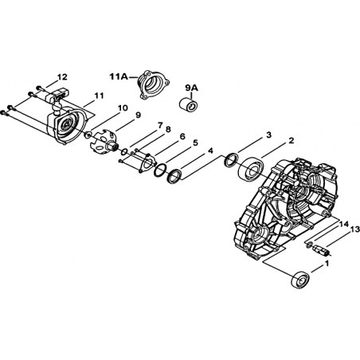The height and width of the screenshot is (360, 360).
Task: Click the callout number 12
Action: click(62, 77)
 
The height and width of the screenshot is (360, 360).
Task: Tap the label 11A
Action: click(119, 76)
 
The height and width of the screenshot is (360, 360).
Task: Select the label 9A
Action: click(191, 88)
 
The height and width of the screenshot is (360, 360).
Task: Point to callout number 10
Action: click(123, 108)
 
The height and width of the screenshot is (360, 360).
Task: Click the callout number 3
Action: click(268, 135)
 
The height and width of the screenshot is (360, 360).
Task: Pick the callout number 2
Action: click(292, 140)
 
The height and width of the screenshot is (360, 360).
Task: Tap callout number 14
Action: click(344, 225)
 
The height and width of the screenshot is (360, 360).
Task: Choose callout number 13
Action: click(355, 229)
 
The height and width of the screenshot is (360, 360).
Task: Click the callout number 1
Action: click(327, 264)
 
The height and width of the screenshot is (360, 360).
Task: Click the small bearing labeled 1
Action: click(300, 280)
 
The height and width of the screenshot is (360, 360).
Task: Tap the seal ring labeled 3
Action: click(231, 160)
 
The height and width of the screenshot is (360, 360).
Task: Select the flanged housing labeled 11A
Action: click(153, 84)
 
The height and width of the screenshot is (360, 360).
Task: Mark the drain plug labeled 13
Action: click(321, 250)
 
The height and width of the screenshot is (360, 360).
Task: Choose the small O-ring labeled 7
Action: click(123, 152)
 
